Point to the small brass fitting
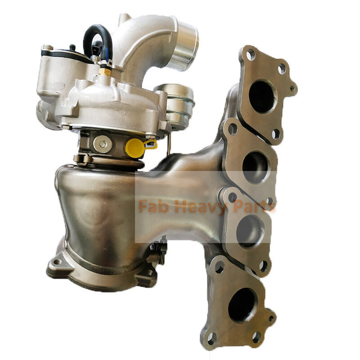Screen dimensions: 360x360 [105, 71]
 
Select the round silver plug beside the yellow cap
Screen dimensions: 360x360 [102, 144]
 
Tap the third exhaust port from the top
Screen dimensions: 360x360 [250, 231]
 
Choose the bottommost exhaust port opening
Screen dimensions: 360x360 [242, 304]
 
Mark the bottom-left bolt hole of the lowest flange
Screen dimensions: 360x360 [211, 338]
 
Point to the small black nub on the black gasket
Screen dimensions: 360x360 [72, 48]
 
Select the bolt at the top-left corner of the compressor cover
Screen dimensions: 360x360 [47, 49]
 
